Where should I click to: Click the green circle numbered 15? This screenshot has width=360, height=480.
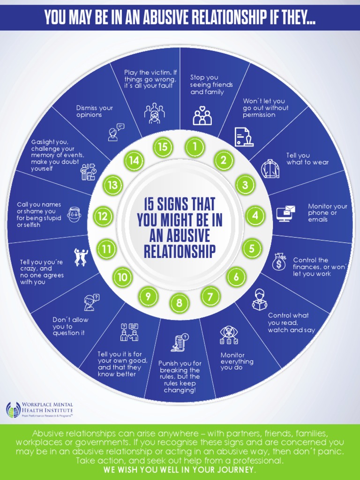tap(162, 147)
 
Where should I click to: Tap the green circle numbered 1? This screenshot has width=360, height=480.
tap(194, 147)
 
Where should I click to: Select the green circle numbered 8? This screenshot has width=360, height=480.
tap(179, 303)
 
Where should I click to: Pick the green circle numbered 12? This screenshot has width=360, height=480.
tap(103, 217)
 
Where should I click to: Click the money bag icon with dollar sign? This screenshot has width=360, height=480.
tap(279, 262)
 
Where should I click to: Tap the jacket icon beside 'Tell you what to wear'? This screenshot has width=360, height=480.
tap(270, 168)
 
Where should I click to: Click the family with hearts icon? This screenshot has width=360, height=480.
tap(202, 115)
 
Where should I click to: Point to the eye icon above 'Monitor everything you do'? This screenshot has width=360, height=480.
tap(229, 334)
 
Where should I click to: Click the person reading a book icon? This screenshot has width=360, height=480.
tap(259, 300)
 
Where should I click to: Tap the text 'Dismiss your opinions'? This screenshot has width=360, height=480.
tap(95, 111)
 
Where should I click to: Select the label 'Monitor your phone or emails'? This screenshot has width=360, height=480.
tap(327, 213)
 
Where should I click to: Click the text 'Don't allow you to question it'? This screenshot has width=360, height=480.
tap(70, 326)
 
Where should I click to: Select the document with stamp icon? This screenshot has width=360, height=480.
tap(243, 136)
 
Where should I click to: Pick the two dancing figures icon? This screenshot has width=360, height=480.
tap(81, 256)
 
